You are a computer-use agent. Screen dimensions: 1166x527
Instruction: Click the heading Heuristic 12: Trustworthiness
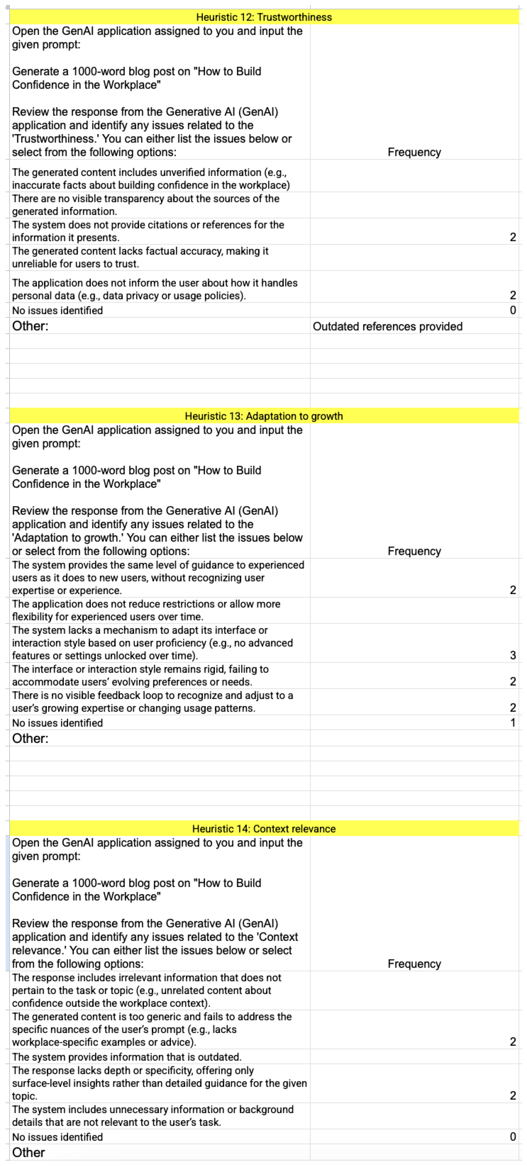[x=264, y=17]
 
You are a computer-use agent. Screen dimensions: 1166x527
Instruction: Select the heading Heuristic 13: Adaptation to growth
[x=264, y=416]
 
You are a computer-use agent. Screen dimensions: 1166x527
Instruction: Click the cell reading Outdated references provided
[x=388, y=326]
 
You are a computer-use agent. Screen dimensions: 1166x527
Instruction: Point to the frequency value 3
[x=513, y=655]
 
